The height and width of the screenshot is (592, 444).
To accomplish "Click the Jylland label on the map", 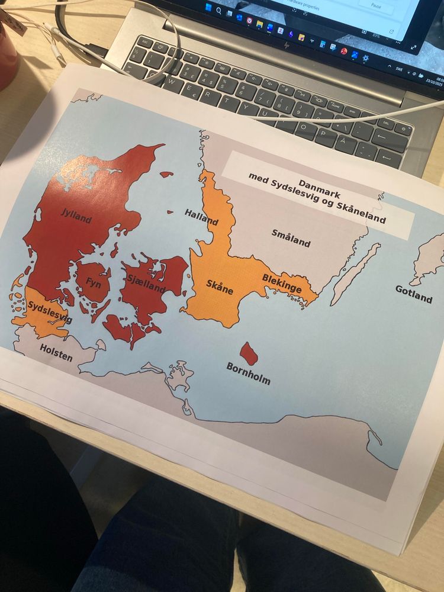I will pyautogui.click(x=77, y=217).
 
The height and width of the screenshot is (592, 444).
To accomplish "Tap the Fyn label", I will pyautogui.click(x=94, y=282).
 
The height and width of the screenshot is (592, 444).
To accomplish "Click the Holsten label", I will pyautogui.click(x=56, y=353).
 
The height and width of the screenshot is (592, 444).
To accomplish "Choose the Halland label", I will pyautogui.click(x=201, y=217).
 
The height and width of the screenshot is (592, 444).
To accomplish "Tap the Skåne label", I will pyautogui.click(x=219, y=287).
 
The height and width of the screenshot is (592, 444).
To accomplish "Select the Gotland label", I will pyautogui.click(x=414, y=294).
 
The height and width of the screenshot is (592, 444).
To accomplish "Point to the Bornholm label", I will pyautogui.click(x=249, y=374).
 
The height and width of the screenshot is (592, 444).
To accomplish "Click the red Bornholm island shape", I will pyautogui.click(x=249, y=353).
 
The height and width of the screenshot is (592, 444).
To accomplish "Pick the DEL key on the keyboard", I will pyautogui.click(x=387, y=125).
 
